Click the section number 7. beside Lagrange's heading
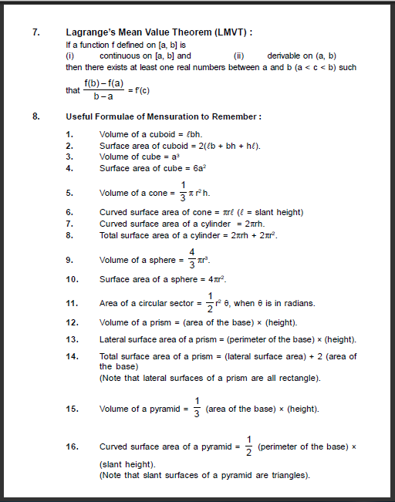(36, 32)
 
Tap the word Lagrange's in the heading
(90, 32)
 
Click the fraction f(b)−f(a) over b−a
(104, 89)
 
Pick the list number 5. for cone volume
(69, 193)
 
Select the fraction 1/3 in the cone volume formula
(183, 192)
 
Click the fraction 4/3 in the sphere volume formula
(192, 259)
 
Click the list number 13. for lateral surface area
(72, 339)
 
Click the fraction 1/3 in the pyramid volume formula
(197, 408)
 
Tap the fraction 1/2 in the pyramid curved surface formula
(248, 446)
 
